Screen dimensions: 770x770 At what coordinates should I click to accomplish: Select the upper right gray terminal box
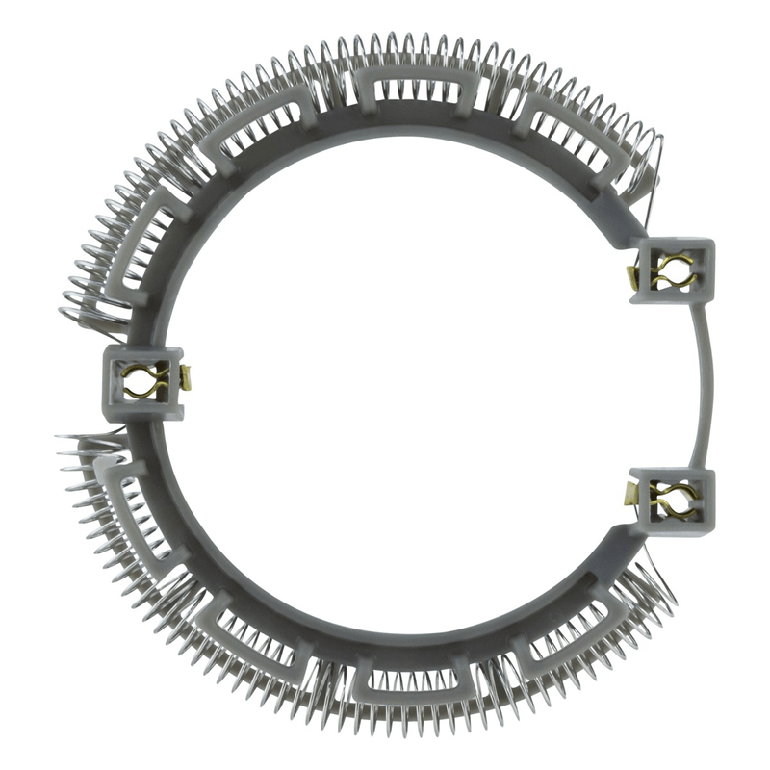coord(674,271)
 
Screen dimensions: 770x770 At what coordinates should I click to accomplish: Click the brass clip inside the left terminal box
coord(146,382)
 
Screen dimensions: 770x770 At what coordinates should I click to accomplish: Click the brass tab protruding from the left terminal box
coord(186,378)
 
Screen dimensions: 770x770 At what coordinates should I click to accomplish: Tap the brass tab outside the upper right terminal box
coord(632,279)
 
